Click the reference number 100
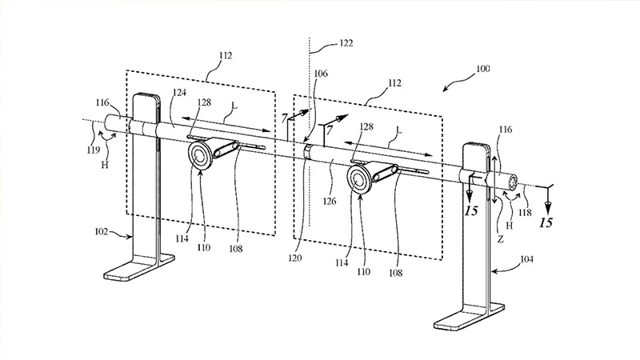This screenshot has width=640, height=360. [x=483, y=69]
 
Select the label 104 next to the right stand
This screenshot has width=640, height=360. [x=526, y=258]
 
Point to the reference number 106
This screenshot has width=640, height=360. [x=321, y=74]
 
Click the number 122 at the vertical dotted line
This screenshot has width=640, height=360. [x=346, y=43]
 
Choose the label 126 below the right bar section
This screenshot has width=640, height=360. [x=330, y=201]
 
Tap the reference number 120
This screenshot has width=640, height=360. [x=295, y=258]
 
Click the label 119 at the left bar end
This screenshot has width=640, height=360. [x=93, y=150]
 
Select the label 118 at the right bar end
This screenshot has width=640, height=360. [x=526, y=212]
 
